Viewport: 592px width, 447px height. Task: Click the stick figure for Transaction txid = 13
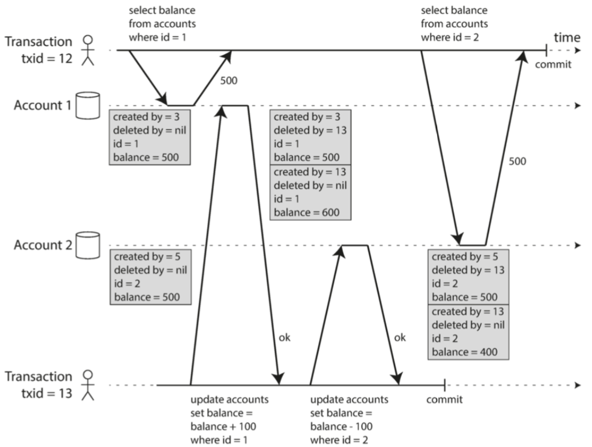pyautogui.click(x=88, y=385)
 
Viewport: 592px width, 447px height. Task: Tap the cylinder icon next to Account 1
pyautogui.click(x=88, y=106)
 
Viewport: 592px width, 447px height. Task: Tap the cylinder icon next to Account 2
pyautogui.click(x=88, y=246)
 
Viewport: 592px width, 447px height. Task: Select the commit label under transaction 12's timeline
pyautogui.click(x=552, y=65)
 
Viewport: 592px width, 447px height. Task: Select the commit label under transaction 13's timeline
pyautogui.click(x=445, y=400)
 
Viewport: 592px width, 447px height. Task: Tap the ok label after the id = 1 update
pyautogui.click(x=284, y=337)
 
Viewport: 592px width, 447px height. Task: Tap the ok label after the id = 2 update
pyautogui.click(x=400, y=337)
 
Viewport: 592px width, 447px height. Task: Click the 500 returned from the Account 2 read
pyautogui.click(x=517, y=162)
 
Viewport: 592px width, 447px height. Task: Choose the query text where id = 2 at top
pyautogui.click(x=451, y=37)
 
